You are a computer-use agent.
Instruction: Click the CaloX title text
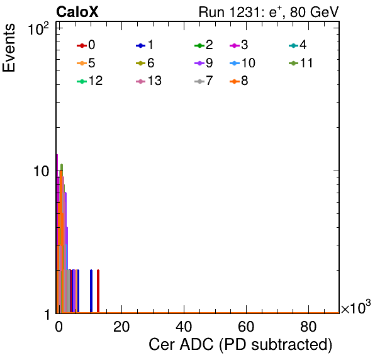77,12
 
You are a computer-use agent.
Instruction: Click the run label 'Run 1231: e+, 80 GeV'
269,12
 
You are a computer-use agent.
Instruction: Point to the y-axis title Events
9,48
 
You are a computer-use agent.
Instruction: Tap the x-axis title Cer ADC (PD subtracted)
240,345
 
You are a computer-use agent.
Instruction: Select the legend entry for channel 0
86,45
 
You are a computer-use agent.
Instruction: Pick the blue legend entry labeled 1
145,45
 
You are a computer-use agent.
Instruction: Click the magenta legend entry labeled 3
238,45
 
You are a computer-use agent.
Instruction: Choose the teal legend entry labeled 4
298,45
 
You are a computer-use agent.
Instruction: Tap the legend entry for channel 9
204,63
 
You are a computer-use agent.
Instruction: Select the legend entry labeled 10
242,63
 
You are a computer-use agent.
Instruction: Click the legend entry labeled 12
90,81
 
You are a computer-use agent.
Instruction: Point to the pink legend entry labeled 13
148,81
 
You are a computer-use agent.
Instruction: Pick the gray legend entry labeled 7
204,81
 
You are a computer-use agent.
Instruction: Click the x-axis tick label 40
184,327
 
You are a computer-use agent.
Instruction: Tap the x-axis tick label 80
308,327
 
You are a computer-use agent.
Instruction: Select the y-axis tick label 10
42,171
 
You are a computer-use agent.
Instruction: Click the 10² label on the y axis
38,29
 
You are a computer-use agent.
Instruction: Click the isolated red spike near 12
98,291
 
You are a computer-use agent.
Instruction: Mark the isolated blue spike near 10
91,291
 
